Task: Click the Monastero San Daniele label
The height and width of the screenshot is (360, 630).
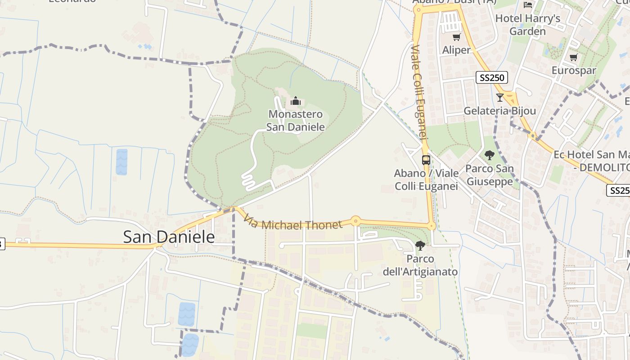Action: pyautogui.click(x=295, y=121)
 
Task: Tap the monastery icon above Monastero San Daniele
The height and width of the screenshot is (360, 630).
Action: pyautogui.click(x=295, y=101)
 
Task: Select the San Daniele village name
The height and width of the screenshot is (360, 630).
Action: pyautogui.click(x=169, y=237)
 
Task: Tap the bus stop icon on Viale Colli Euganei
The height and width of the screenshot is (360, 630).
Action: pyautogui.click(x=426, y=160)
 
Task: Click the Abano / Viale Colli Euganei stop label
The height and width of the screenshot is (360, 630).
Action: pyautogui.click(x=426, y=180)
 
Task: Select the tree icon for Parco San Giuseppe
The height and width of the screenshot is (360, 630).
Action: pyautogui.click(x=490, y=156)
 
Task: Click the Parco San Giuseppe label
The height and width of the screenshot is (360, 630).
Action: pyautogui.click(x=489, y=175)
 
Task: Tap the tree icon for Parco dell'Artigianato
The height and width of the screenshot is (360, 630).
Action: pyautogui.click(x=420, y=246)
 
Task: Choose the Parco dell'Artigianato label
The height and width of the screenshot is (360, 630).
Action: pyautogui.click(x=420, y=265)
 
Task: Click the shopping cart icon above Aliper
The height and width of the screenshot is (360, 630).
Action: pyautogui.click(x=456, y=37)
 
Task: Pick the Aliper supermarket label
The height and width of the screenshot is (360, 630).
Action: pyautogui.click(x=456, y=50)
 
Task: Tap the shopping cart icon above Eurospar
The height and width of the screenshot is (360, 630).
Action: pyautogui.click(x=573, y=57)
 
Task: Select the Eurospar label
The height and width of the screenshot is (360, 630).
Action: pyautogui.click(x=574, y=70)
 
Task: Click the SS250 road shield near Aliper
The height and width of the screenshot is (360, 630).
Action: pyautogui.click(x=492, y=78)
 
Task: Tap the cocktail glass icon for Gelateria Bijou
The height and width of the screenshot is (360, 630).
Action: pyautogui.click(x=499, y=98)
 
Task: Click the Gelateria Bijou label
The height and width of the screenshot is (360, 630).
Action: pyautogui.click(x=499, y=111)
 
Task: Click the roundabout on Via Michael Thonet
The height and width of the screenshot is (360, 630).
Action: pyautogui.click(x=355, y=220)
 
